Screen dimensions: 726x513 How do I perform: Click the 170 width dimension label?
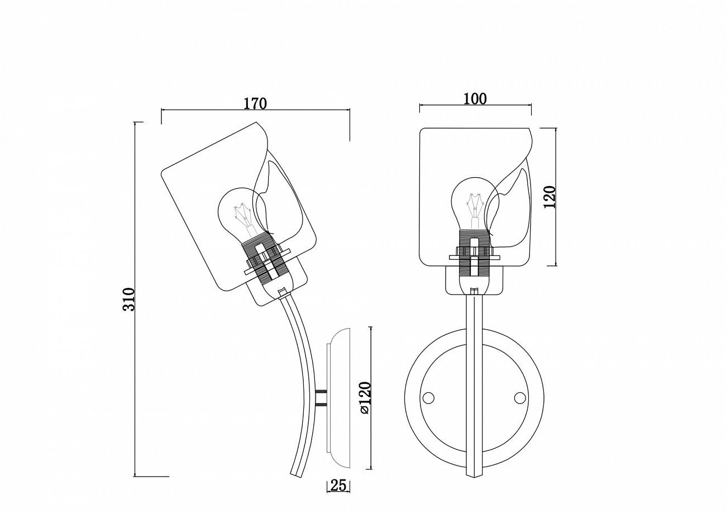point(255,103)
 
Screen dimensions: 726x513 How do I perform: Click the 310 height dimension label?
point(128,299)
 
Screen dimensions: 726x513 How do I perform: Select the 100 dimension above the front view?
point(475,99)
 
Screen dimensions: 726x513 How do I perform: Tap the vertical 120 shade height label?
point(550,197)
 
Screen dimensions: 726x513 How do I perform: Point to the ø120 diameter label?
point(364,397)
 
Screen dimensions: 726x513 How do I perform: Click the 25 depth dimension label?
point(338,494)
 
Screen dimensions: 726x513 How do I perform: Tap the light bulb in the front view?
point(475,205)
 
